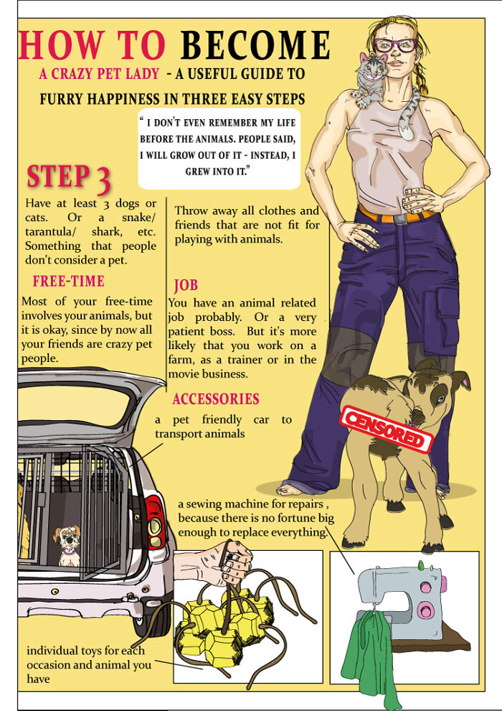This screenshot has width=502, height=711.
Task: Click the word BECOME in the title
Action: tap(255, 45)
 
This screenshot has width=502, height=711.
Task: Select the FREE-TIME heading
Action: tap(68, 281)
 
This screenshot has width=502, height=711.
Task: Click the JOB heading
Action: tap(186, 285)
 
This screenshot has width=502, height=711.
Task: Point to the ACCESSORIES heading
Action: tap(216, 399)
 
